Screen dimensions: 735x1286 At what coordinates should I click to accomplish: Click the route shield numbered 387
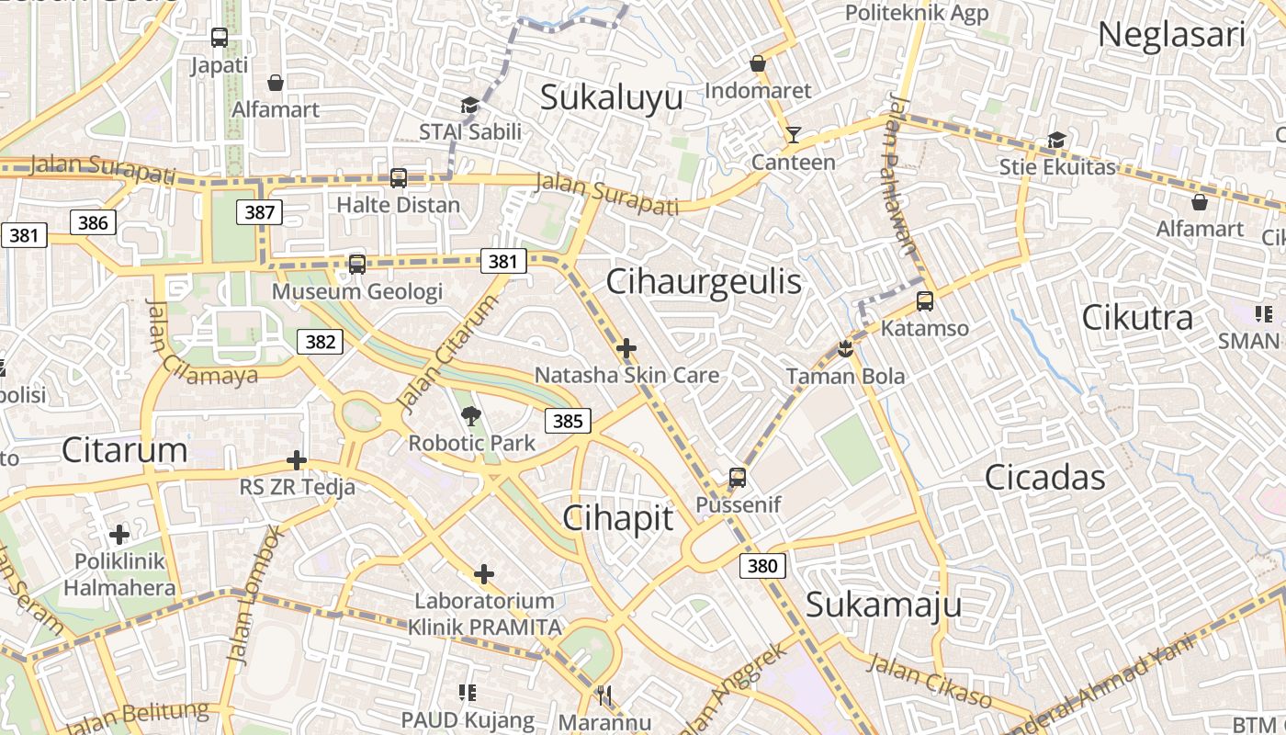[x=260, y=212]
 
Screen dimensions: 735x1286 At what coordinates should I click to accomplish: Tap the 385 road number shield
[x=568, y=422]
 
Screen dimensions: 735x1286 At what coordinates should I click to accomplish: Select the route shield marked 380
[x=762, y=566]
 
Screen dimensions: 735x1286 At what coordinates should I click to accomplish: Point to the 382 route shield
[x=320, y=342]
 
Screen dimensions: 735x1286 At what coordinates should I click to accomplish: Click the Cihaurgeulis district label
[x=704, y=282]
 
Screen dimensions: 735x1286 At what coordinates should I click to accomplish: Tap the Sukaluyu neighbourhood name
[x=611, y=97]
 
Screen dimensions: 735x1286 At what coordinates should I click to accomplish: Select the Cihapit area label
[x=617, y=518]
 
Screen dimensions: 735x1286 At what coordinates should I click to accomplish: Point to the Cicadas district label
[x=1045, y=478]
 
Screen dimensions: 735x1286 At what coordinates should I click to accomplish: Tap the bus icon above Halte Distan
[x=399, y=177]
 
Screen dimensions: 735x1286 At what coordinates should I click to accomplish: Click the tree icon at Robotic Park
[x=471, y=416]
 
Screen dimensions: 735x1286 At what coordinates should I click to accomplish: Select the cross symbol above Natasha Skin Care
[x=626, y=348]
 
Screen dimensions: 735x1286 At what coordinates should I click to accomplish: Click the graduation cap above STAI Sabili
[x=469, y=106]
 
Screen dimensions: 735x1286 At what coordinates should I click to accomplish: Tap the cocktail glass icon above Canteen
[x=794, y=136]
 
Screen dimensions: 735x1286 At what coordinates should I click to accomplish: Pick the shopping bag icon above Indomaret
[x=758, y=63]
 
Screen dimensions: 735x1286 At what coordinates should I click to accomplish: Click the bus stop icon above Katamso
[x=925, y=301]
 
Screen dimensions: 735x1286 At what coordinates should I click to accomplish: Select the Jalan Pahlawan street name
[x=901, y=175]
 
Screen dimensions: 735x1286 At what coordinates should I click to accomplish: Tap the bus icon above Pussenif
[x=738, y=478]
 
